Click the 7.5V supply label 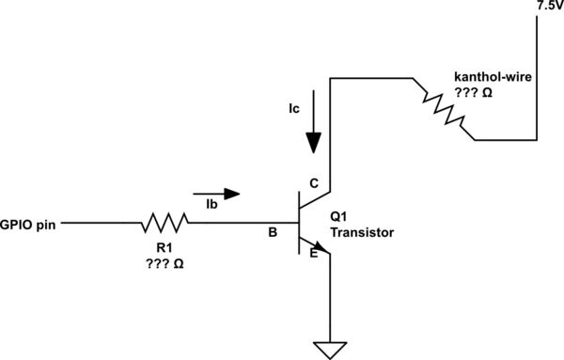(548, 6)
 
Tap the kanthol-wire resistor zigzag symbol (443, 110)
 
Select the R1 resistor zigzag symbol (165, 224)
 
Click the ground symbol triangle (329, 350)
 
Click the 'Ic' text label (295, 109)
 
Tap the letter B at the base (274, 230)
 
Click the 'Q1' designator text (339, 216)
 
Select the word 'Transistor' (361, 231)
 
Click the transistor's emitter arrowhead (322, 253)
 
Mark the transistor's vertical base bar (299, 224)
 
